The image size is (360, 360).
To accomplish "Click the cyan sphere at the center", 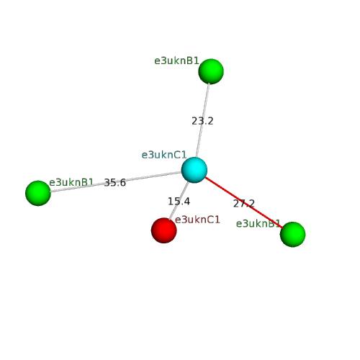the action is tap(194, 170).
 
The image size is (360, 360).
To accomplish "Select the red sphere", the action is tap(164, 230).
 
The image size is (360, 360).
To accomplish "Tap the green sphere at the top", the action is tap(211, 71).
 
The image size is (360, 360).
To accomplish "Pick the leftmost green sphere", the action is tap(38, 193).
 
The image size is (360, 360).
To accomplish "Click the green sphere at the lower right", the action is tap(293, 235).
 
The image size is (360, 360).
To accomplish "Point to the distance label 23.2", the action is tap(202, 121).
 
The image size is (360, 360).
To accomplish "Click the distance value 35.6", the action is tap(115, 183).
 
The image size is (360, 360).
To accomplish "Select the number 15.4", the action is tap(179, 202).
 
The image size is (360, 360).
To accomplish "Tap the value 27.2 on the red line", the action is tap(244, 204).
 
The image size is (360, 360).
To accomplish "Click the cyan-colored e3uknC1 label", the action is tap(164, 155).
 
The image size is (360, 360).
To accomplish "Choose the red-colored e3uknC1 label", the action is tap(197, 220).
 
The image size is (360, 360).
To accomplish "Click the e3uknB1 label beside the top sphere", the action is tap(176, 60).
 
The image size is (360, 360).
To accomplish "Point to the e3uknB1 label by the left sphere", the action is tap(71, 182).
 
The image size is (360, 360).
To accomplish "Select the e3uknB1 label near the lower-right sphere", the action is tap(258, 224).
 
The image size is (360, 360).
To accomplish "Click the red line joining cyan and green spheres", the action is tap(244, 202).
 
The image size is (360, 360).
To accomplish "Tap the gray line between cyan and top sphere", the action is tap(203, 120).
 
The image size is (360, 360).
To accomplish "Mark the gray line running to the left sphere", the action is tap(116, 181).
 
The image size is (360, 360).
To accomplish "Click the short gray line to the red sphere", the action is tap(179, 201).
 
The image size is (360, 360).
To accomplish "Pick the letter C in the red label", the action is tap(211, 220).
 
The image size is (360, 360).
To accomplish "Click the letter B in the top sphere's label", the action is tap(189, 60).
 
